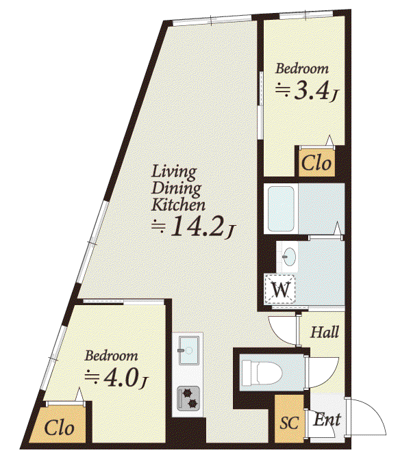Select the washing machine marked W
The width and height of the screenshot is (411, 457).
tap(279, 289)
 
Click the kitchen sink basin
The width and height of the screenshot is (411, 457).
tap(189, 350)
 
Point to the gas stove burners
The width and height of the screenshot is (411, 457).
tap(188, 398)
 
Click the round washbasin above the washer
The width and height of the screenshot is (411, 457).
tap(289, 257)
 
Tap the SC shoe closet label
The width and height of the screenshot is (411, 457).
tap(289, 423)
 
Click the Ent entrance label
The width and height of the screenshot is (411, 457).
tap(327, 419)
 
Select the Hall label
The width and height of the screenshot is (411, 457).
tap(324, 332)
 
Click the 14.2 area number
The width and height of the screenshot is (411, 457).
tap(199, 226)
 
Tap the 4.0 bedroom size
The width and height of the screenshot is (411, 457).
tap(122, 378)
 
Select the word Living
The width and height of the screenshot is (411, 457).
tap(174, 172)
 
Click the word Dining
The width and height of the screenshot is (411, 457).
tap(176, 189)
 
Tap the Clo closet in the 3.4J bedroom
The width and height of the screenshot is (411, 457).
tap(316, 163)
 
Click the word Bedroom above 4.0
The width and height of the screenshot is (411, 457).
tap(111, 356)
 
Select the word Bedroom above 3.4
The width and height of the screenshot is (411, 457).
tap(302, 69)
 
